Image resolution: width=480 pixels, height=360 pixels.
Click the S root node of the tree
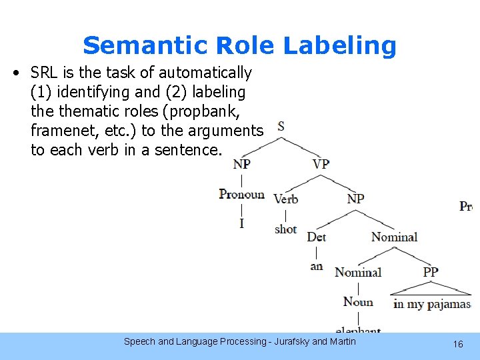point(281,126)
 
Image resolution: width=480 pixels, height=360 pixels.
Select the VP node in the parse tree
point(321,163)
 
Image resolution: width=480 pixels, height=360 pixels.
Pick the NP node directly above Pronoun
point(241,163)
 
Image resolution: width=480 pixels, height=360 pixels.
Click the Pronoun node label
point(241,195)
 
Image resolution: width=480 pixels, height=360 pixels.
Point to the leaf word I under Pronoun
point(241,223)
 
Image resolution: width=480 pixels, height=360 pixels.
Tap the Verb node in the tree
point(285,199)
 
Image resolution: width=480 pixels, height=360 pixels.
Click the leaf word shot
point(285,229)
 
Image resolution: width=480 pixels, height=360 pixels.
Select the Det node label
point(316,237)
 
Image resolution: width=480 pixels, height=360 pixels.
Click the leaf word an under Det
point(317,266)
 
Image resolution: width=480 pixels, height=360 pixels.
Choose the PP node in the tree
point(431,272)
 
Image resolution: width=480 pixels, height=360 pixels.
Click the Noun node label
point(358,302)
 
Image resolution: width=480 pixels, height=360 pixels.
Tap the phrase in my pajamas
point(431,304)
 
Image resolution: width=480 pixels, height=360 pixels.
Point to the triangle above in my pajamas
point(431,288)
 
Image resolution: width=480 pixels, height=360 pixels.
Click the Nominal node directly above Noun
point(358,272)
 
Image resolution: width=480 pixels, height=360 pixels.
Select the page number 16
point(458,344)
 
